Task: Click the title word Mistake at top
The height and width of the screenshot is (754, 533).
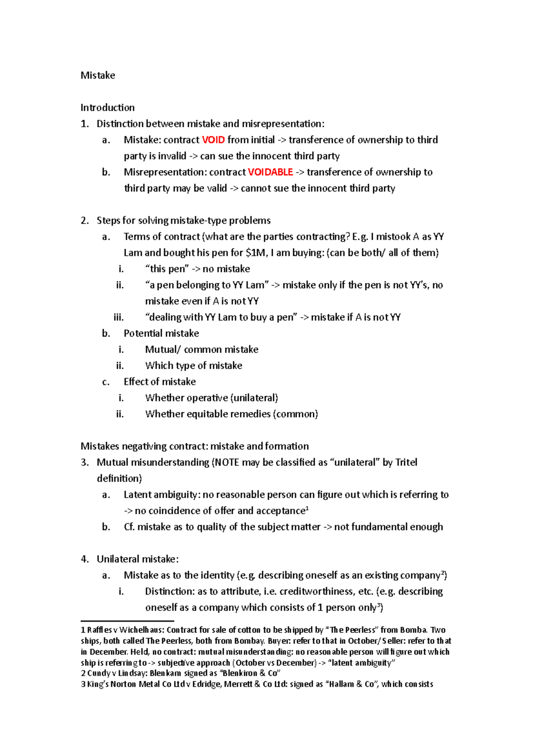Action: [98, 75]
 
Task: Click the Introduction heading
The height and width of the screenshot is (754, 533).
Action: [107, 107]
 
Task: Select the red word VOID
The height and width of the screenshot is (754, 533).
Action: [213, 140]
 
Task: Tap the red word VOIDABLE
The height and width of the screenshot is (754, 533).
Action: [270, 172]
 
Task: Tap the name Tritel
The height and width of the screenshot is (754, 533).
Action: [406, 462]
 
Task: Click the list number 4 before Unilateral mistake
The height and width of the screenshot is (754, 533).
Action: [84, 559]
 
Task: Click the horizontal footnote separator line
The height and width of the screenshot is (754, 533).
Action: [127, 621]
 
